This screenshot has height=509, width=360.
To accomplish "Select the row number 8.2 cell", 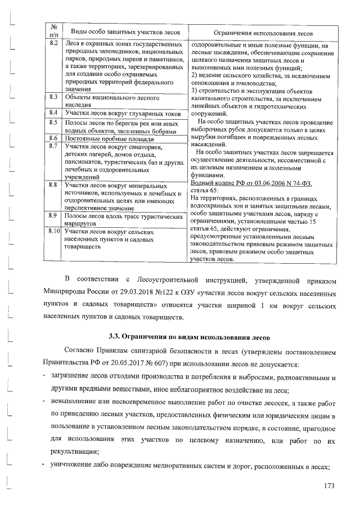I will [x=55, y=44].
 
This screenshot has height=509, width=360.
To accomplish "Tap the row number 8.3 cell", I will [x=55, y=97].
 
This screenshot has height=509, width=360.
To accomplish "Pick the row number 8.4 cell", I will [x=55, y=113].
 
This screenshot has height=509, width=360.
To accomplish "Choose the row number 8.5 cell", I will [x=55, y=122].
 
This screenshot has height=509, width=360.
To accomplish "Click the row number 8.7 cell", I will [x=55, y=147].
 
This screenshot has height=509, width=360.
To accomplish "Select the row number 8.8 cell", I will [x=55, y=184].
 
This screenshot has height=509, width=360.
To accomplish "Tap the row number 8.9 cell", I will [x=55, y=215].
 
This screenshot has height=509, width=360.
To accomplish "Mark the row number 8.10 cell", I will [x=55, y=231].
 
